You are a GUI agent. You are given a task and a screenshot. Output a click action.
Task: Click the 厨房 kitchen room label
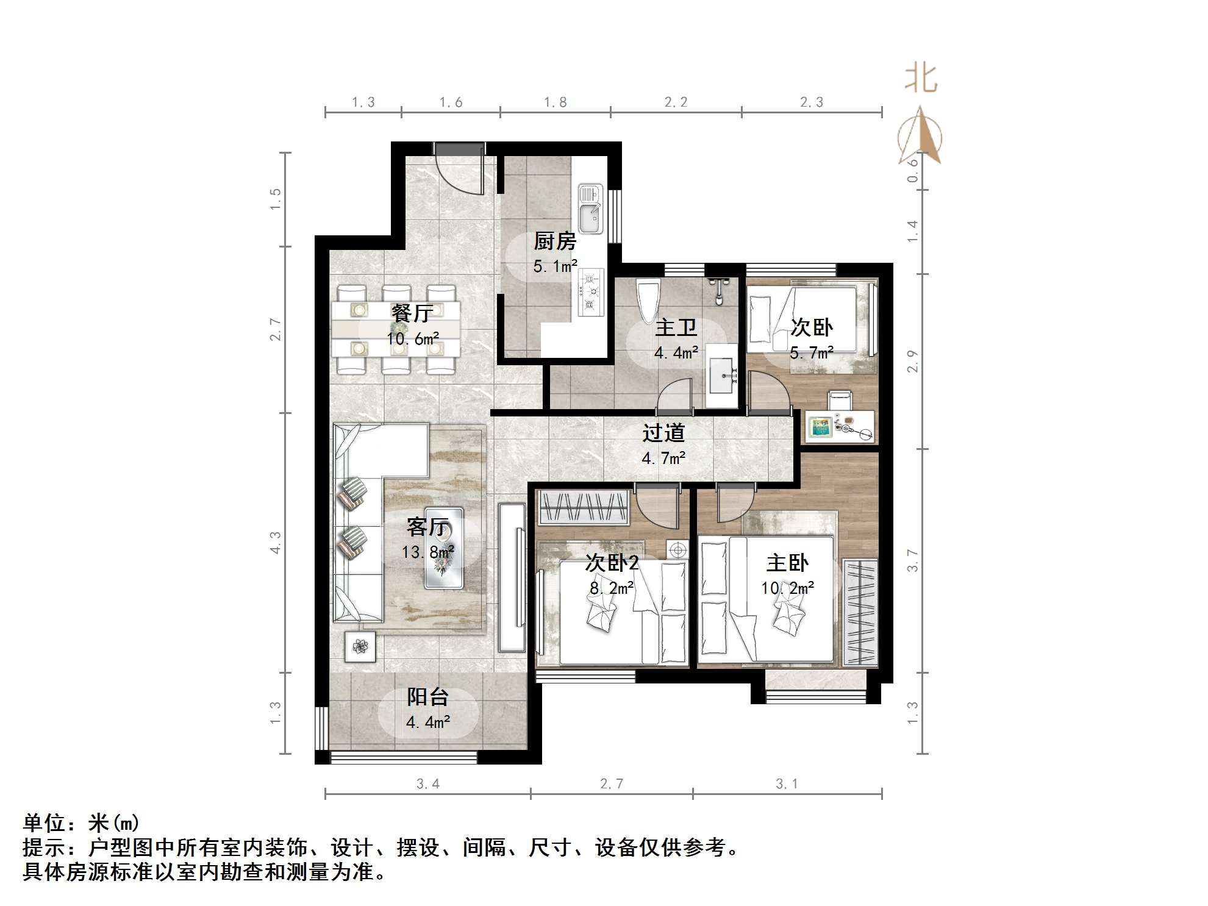pos(555,241)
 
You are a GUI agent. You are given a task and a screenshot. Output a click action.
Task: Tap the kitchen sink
pos(589,209)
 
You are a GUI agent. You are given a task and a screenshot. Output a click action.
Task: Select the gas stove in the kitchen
pos(590,292)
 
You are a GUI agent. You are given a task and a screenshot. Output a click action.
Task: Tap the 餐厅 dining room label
pos(413,313)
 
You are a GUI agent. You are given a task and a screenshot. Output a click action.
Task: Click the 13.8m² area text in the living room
pos(427,552)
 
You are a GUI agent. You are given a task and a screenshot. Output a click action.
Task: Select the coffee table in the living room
pos(444,548)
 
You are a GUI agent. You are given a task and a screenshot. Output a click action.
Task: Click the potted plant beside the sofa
pos(360,646)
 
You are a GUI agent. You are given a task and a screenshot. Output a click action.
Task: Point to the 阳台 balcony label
pos(428,697)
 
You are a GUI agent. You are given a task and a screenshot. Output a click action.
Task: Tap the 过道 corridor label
pos(663,433)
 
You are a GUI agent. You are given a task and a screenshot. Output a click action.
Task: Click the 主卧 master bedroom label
pos(787,563)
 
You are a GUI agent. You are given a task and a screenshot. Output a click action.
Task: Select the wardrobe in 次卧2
pos(584,507)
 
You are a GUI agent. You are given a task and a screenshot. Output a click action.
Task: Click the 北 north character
pos(920,79)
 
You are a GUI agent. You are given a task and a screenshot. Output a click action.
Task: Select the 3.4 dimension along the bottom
pos(427,784)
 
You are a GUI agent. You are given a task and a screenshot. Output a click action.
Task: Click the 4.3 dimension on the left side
pos(276,543)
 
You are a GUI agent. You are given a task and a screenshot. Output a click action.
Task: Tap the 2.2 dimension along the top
pos(676,102)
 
